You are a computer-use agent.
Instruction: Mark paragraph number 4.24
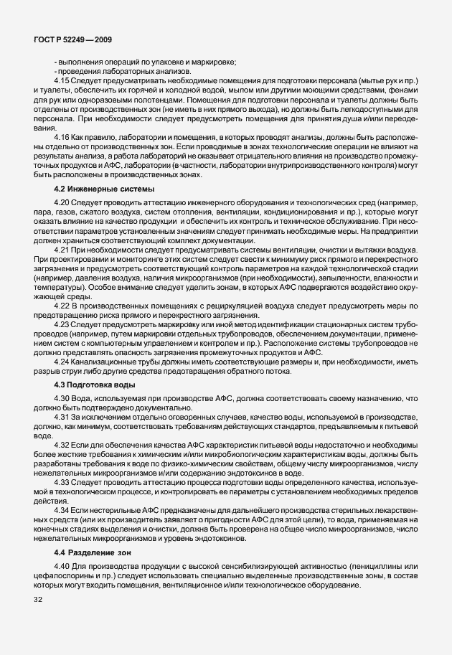pyautogui.click(x=62, y=362)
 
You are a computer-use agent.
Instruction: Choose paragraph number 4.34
pyautogui.click(x=62, y=510)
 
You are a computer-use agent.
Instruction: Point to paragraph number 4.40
pyautogui.click(x=62, y=567)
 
